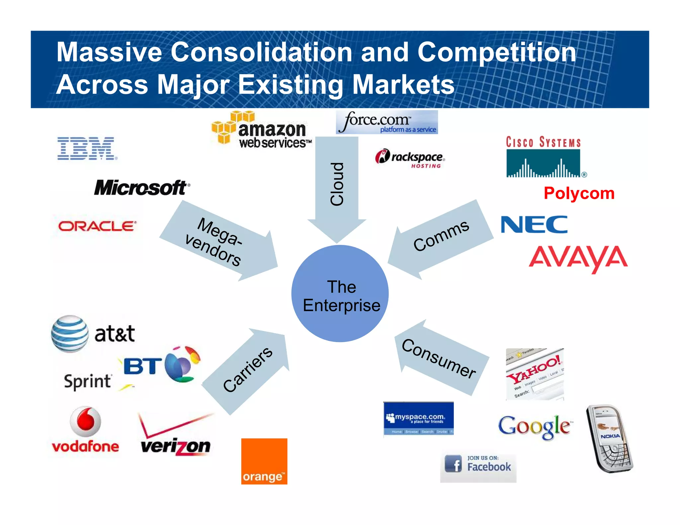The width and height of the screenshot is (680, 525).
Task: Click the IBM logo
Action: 87,148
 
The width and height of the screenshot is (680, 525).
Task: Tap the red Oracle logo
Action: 97,226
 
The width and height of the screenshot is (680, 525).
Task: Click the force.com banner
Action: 387,122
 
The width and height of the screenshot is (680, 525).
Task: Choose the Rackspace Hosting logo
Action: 410,158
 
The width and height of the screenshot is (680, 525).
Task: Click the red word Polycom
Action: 579,193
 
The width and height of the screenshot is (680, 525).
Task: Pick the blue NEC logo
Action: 534,225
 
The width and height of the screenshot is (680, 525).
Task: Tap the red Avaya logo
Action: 578,258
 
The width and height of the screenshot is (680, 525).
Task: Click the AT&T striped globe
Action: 70,334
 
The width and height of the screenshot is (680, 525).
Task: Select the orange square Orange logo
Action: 264,461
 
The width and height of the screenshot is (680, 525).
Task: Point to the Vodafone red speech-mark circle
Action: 86,421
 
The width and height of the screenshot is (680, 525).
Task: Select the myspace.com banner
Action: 418,418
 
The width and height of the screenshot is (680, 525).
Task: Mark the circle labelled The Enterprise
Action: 340,294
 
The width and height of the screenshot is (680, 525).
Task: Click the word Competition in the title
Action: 497,52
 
